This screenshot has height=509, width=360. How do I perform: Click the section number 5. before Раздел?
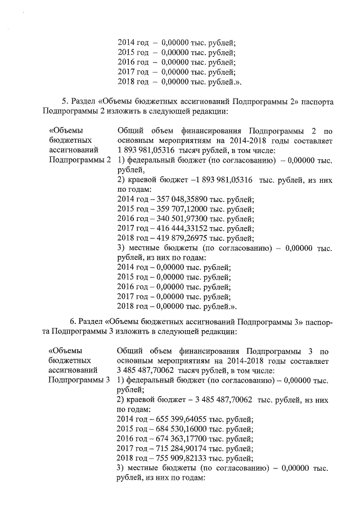[x=65, y=102]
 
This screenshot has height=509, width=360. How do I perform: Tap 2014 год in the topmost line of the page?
[x=133, y=41]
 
